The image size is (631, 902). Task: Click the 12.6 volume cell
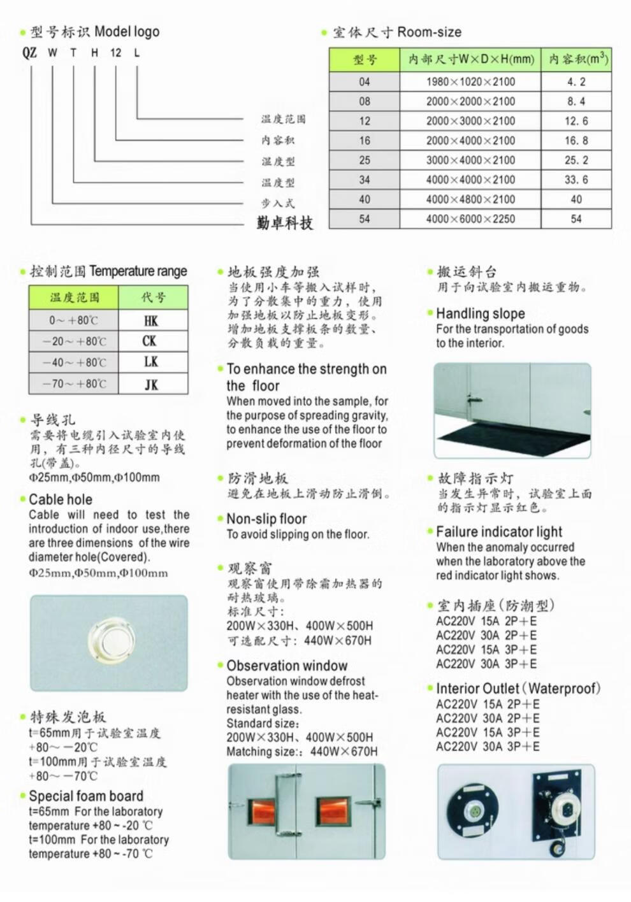pos(576,121)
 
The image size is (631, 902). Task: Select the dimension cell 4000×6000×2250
pos(470,219)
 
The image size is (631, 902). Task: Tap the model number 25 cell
pos(364,160)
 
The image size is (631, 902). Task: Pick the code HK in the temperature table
pos(151,320)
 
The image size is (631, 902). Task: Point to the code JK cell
pos(151,384)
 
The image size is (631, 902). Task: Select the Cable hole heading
pos(61,499)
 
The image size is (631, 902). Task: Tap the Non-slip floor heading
pos(266,519)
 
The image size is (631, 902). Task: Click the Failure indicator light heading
pos(499,532)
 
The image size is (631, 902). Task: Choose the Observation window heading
pos(287,666)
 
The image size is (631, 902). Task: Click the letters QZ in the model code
pos(30,53)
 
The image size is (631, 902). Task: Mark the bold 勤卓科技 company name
pos(285,223)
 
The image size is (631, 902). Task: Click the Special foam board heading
pos(86,796)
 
